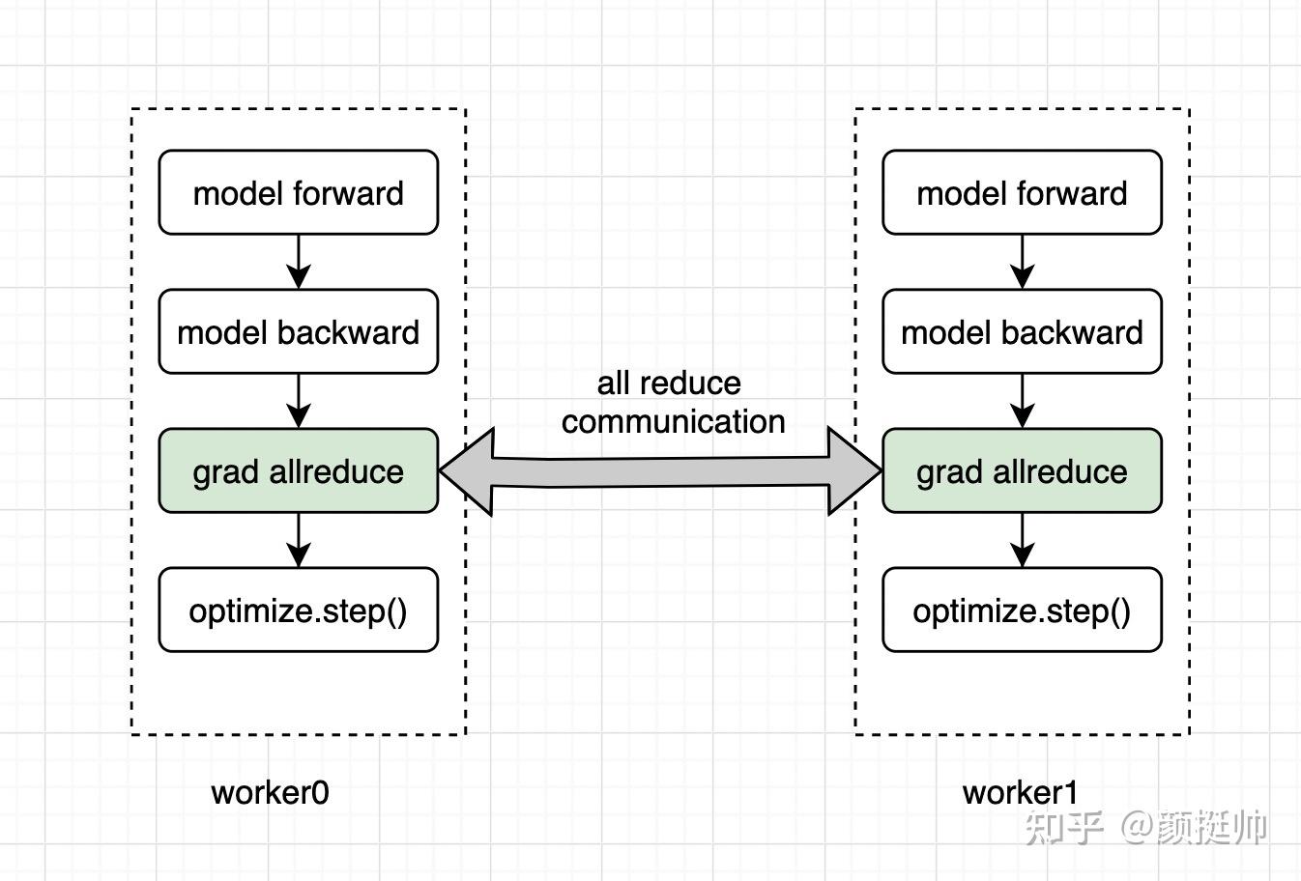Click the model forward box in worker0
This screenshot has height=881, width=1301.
coord(298,192)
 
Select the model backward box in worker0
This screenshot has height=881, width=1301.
coord(298,331)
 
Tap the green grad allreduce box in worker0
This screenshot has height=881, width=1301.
coord(298,470)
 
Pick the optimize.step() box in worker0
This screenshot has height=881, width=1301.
coord(298,610)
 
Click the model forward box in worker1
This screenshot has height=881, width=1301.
coord(1022,192)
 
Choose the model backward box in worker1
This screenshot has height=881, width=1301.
coord(1022,331)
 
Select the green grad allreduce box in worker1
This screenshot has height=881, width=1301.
coord(1022,470)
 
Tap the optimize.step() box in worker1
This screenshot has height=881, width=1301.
coord(1022,610)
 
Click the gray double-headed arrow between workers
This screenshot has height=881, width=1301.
coord(660,470)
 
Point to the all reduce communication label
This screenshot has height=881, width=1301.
coord(672,402)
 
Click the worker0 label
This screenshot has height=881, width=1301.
coord(270,792)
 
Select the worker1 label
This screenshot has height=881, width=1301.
coord(1020,792)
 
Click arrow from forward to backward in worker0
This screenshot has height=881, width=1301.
coord(298,261)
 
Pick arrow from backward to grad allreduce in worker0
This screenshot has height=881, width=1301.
coord(298,400)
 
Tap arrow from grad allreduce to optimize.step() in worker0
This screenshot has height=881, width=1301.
coord(298,539)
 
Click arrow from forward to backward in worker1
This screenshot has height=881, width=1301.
coord(1022,261)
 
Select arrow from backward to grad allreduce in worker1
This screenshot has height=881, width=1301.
coord(1022,400)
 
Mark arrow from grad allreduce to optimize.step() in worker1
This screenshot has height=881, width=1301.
coord(1022,539)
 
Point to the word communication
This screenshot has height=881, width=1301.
coord(673,421)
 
